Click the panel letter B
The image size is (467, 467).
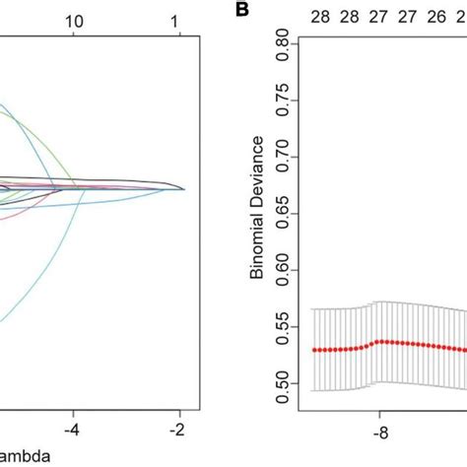(239, 11)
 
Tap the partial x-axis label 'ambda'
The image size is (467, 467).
(23, 456)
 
